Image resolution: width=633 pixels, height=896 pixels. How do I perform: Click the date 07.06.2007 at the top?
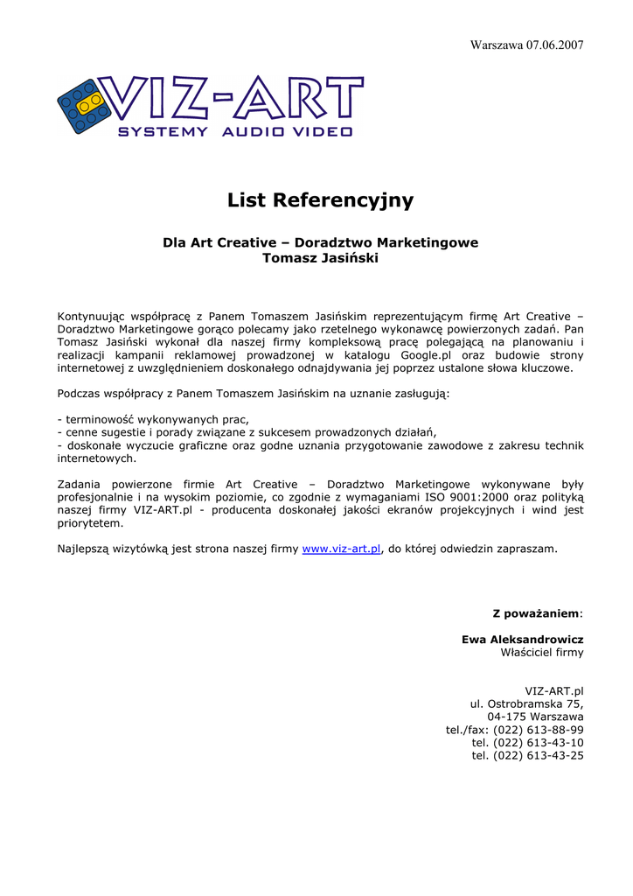pos(554,45)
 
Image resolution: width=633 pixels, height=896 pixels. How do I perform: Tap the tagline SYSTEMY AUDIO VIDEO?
pos(234,132)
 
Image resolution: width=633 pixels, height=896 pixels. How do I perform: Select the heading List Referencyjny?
pos(320,200)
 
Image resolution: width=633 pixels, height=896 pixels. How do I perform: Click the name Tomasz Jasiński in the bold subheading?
pos(320,258)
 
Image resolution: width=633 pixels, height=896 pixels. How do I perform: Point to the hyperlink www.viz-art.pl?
pos(342,549)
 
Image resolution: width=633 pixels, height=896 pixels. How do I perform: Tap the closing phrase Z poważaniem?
pos(537,613)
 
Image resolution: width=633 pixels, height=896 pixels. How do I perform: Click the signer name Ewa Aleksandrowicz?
pos(522,640)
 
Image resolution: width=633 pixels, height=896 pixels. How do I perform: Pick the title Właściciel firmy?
pos(541,653)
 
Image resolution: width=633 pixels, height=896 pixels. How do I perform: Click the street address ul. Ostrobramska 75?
pos(527,703)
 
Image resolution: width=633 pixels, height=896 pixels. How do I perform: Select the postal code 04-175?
pos(504,717)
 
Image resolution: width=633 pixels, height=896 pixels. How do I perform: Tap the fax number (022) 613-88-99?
pos(539,730)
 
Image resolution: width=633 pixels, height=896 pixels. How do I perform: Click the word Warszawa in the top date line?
pos(496,45)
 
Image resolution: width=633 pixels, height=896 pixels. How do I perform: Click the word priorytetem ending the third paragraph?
pos(90,523)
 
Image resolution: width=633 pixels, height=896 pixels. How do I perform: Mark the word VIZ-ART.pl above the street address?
pos(553,691)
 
